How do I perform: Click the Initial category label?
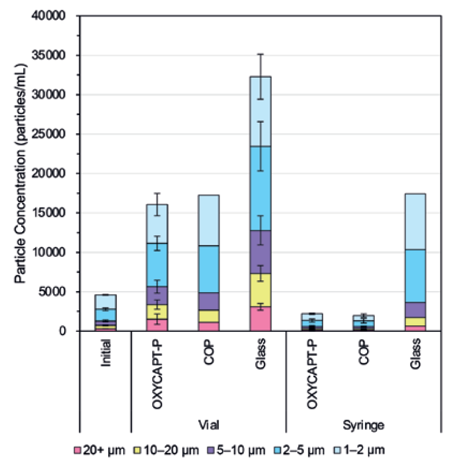pyautogui.click(x=106, y=351)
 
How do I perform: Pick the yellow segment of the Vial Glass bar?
pyautogui.click(x=260, y=290)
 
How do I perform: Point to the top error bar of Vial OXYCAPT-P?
pyautogui.click(x=158, y=194)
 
